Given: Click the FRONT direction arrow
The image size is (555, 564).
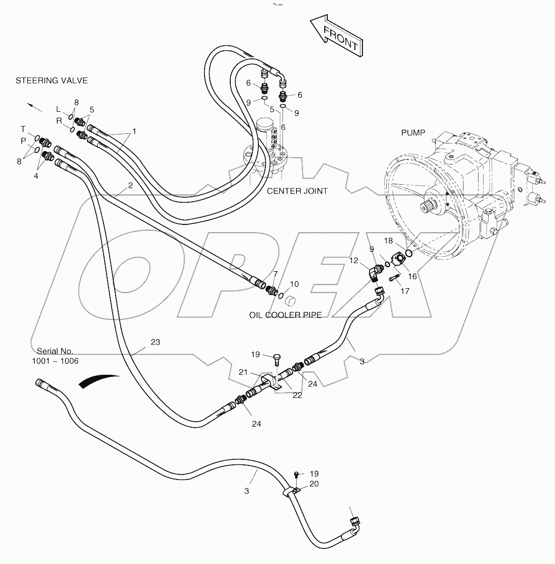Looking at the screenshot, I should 335,37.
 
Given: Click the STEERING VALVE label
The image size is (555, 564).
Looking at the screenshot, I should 51,80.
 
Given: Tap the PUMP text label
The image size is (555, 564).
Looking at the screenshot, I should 413,133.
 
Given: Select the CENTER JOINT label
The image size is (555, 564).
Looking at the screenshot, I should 297,191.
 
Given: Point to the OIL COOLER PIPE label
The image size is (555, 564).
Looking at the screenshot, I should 285,315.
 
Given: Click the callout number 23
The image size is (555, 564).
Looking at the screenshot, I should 155,342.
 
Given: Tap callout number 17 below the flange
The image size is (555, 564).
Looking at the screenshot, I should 405,291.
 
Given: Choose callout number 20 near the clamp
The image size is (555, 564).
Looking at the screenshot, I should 314,484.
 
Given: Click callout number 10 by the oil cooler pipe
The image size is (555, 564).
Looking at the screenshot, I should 294,284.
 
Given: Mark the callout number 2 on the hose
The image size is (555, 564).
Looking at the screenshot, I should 130,186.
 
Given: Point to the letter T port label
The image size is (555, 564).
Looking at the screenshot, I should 23,129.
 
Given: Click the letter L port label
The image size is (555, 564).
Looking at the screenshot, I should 58,109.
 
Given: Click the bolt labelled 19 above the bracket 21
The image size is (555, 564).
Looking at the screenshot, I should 275,358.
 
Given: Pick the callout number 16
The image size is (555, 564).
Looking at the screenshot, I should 412,276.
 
